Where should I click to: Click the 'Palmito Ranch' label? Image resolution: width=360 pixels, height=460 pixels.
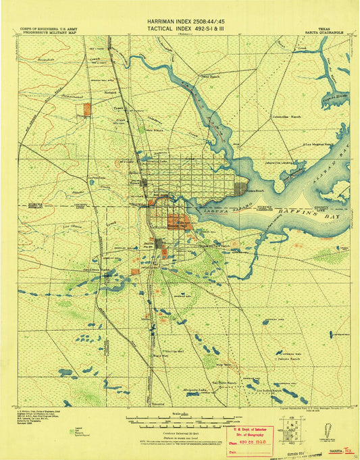coord(290,359)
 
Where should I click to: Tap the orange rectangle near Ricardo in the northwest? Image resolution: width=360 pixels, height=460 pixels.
coord(86,108)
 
